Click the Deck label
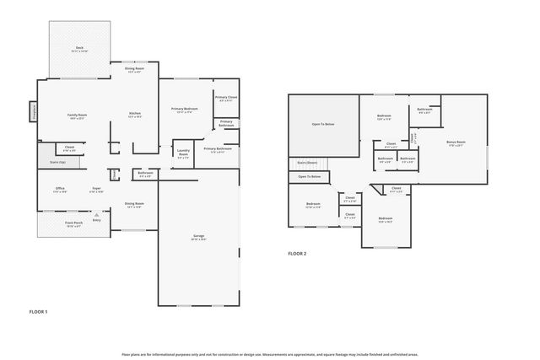(79, 47)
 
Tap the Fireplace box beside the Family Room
(33, 111)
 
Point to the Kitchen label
(135, 114)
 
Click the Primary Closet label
(226, 98)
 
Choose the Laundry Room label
(183, 153)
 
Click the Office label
(61, 188)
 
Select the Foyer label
(96, 188)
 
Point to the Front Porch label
(74, 223)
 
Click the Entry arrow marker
(96, 216)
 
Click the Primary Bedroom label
(185, 109)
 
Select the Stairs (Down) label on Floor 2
(307, 162)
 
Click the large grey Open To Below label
(323, 124)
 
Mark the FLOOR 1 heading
(39, 312)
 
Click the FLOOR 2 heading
(297, 253)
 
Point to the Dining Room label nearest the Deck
(135, 69)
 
